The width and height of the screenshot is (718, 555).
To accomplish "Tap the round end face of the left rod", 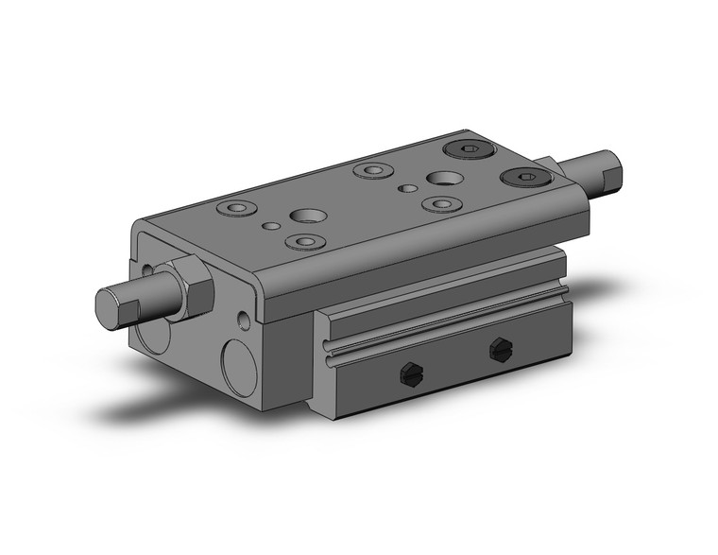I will click(x=111, y=309).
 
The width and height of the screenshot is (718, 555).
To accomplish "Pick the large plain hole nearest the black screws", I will click(x=440, y=177).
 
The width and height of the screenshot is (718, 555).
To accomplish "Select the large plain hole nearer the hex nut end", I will click(x=305, y=216).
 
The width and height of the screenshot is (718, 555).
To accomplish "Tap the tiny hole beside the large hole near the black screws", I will click(x=407, y=188).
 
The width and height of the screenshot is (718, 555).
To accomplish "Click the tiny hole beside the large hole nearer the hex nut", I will click(x=271, y=226).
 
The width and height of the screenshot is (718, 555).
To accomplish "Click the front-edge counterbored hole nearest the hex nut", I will click(x=304, y=242).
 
